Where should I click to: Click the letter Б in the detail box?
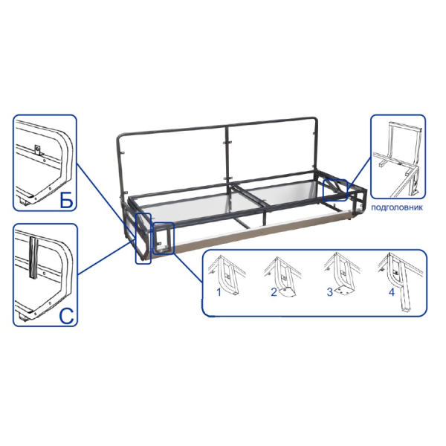(x=66, y=198)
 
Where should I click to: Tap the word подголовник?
(x=397, y=207)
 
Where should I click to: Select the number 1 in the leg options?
(x=219, y=292)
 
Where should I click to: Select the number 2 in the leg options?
(x=274, y=292)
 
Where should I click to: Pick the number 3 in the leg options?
(x=329, y=292)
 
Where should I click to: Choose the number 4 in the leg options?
(x=392, y=292)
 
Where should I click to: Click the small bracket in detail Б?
(x=38, y=149)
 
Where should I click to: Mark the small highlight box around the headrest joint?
(x=336, y=190)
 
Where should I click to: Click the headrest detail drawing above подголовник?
(x=398, y=158)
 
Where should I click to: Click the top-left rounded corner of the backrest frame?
(x=120, y=137)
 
